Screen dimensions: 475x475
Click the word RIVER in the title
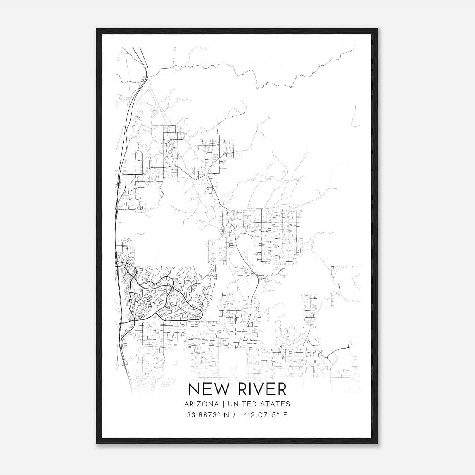pyautogui.click(x=262, y=390)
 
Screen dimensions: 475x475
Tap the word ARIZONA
pyautogui.click(x=202, y=404)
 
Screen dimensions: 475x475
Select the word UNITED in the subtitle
pyautogui.click(x=240, y=404)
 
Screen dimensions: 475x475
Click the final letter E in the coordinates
pyautogui.click(x=285, y=415)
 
